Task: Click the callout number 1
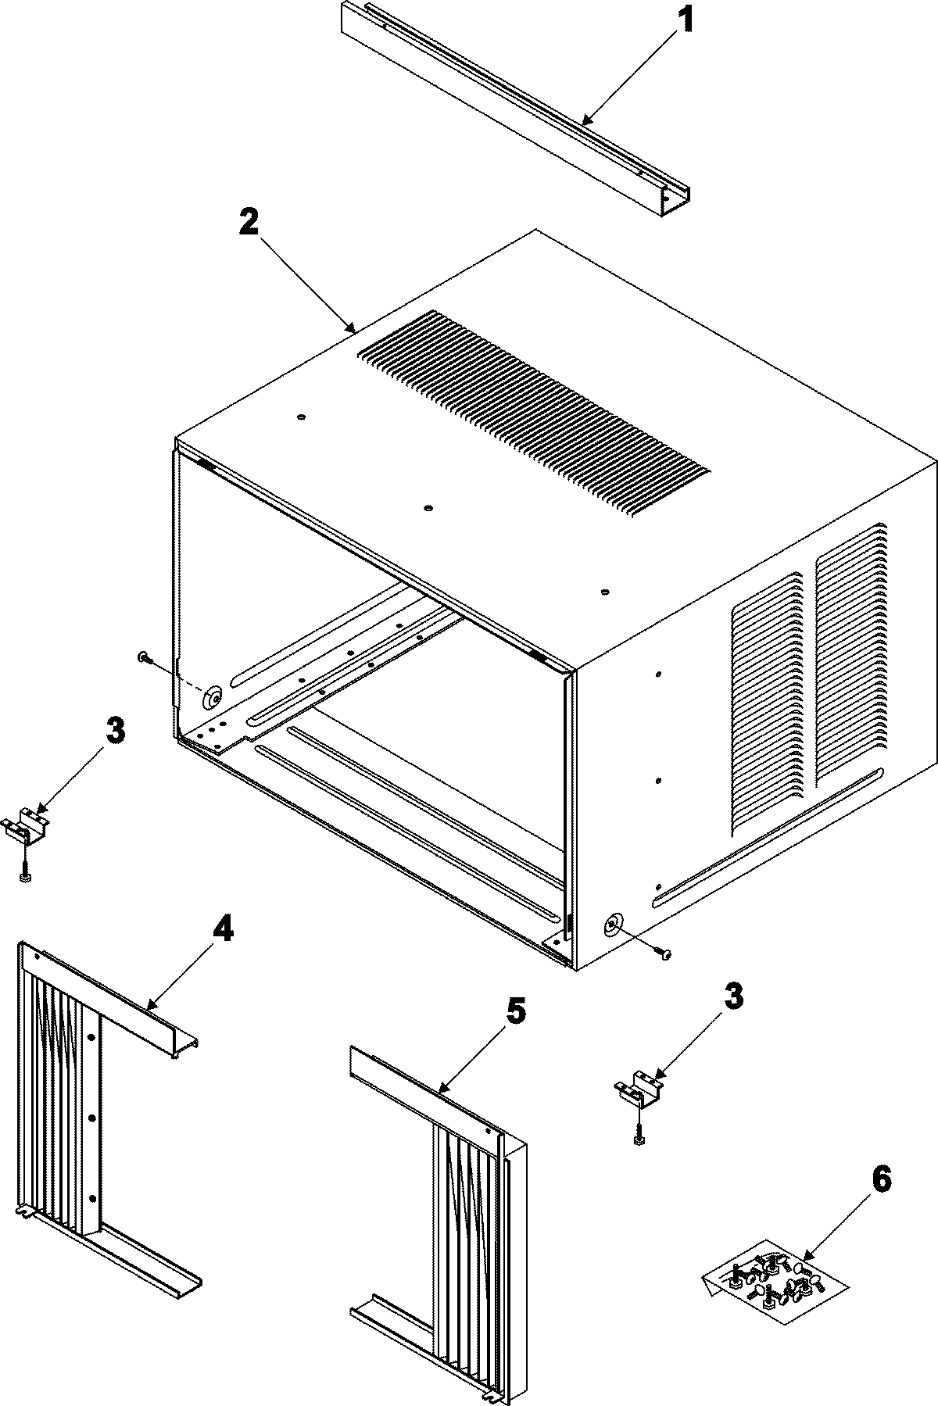click(684, 20)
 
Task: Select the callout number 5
click(515, 1014)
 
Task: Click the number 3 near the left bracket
click(115, 732)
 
